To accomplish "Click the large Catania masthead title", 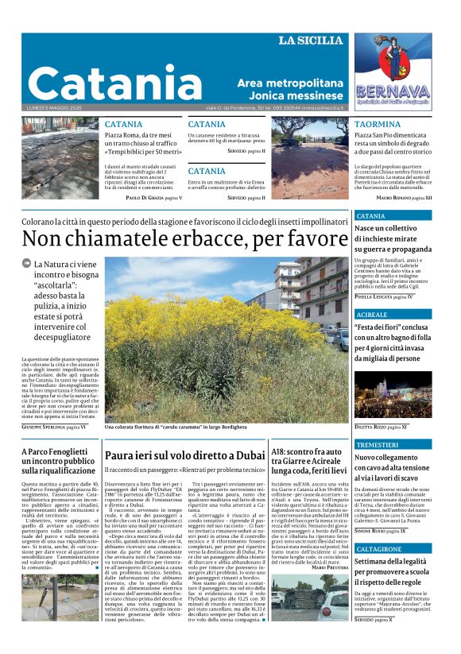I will pos(116,83).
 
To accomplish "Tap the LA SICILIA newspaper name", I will pos(310,41).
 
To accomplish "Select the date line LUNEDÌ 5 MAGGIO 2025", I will pos(55,109).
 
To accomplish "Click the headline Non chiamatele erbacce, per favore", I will pos(184,238).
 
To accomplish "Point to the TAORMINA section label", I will pos(377,125).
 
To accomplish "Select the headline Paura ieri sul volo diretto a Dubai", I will pos(184,456).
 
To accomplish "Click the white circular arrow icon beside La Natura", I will pos(27,264).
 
